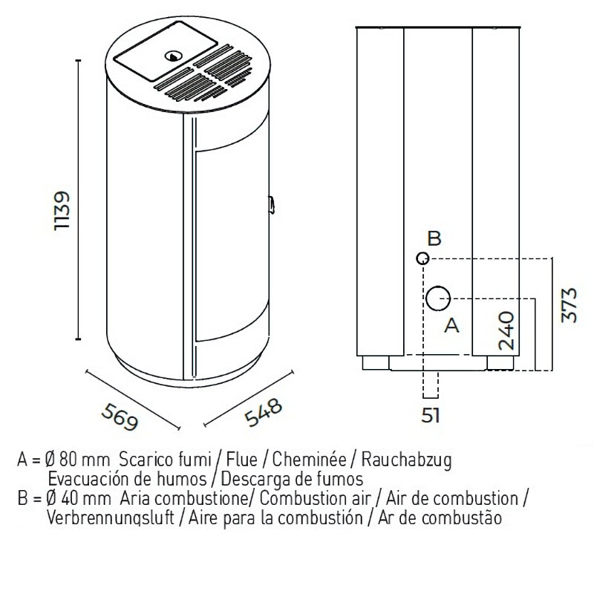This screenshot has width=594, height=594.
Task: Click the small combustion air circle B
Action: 422,258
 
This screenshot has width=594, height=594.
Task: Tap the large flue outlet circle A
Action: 438,298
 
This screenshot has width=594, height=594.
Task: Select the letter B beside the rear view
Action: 435,238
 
